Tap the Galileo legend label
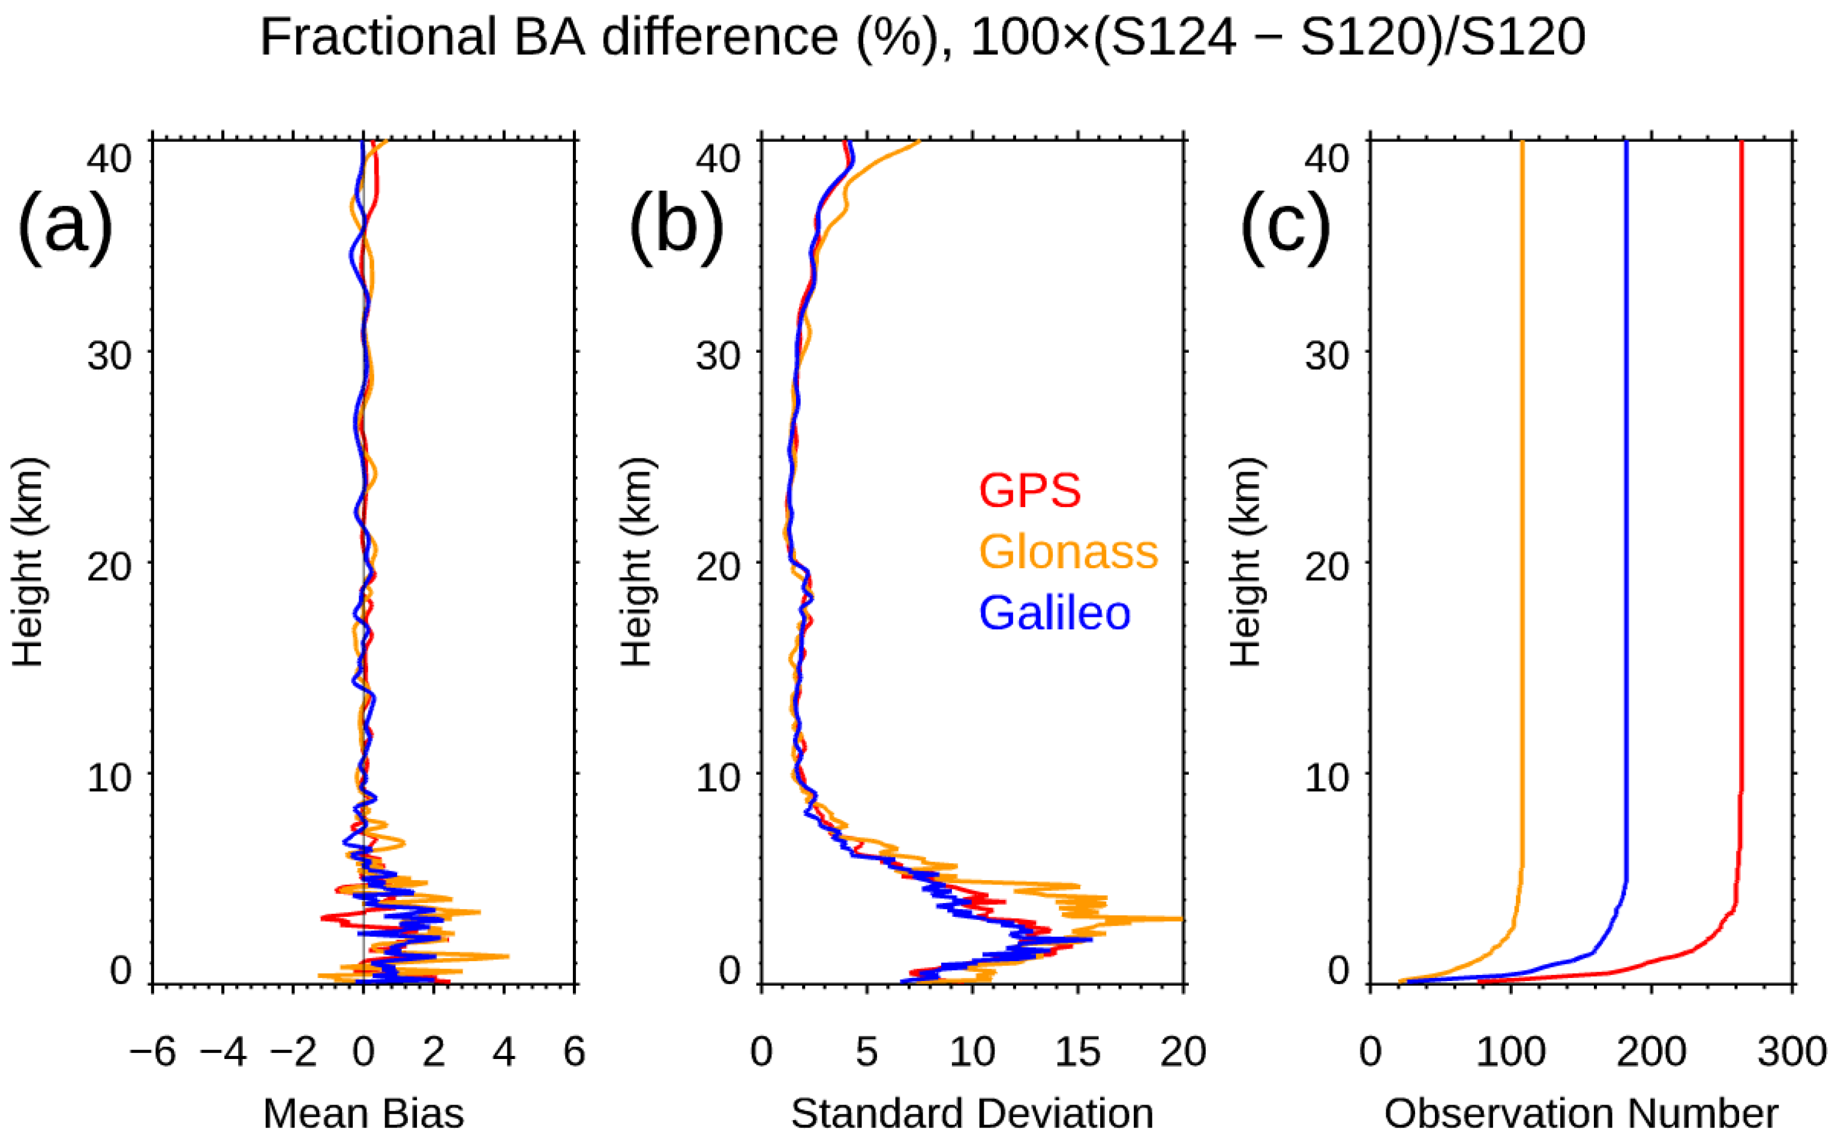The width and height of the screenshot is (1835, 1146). click(1055, 613)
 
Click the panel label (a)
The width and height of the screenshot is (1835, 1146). click(65, 225)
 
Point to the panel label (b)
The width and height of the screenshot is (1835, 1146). click(676, 225)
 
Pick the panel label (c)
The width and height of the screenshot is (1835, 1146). click(1285, 225)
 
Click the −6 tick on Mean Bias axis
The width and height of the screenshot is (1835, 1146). click(152, 1052)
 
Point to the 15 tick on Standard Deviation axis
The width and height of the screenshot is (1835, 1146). click(1077, 1052)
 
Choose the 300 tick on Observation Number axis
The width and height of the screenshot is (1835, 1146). click(1791, 1052)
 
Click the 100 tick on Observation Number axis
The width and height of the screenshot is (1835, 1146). click(1510, 1052)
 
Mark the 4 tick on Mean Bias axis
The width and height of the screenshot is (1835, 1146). click(504, 1052)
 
